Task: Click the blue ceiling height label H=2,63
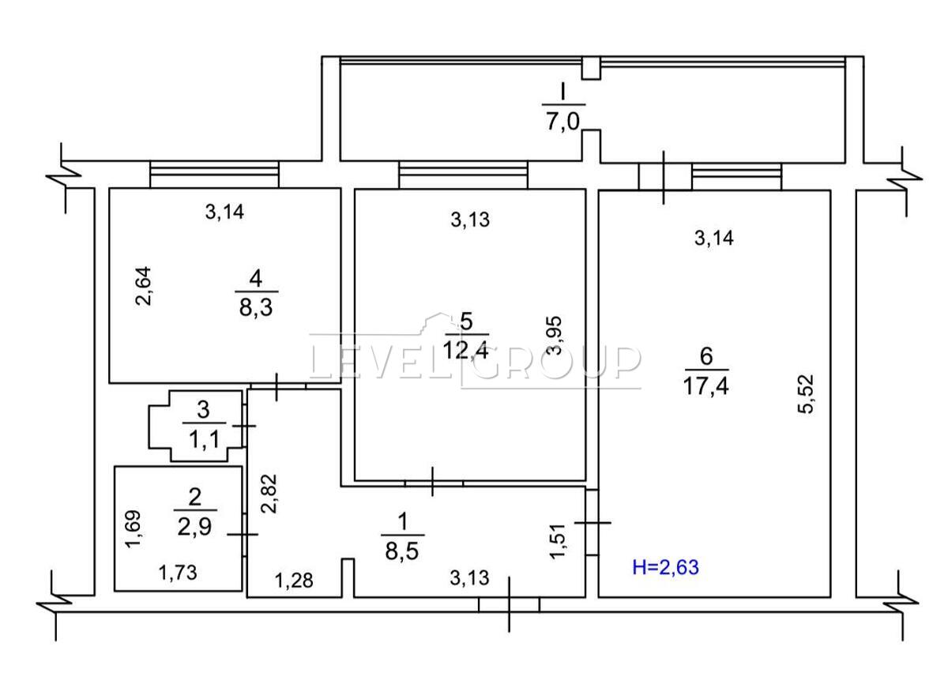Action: click(x=665, y=567)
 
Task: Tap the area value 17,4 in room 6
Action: click(x=706, y=387)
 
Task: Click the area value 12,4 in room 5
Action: click(x=466, y=351)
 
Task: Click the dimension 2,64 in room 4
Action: click(x=143, y=286)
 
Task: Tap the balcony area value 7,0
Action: click(x=562, y=123)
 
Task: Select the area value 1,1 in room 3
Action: click(x=204, y=440)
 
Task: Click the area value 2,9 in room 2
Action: click(x=194, y=528)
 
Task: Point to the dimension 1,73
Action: click(x=178, y=573)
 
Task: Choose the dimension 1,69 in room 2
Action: click(x=134, y=529)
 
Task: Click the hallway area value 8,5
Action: click(x=402, y=552)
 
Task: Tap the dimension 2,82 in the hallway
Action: click(x=269, y=494)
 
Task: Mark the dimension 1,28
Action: click(x=294, y=581)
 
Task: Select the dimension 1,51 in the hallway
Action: click(x=558, y=542)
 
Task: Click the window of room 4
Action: click(x=215, y=174)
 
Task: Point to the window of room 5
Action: click(x=464, y=174)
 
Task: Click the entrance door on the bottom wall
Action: click(x=509, y=605)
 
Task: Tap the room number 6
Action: click(x=706, y=357)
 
